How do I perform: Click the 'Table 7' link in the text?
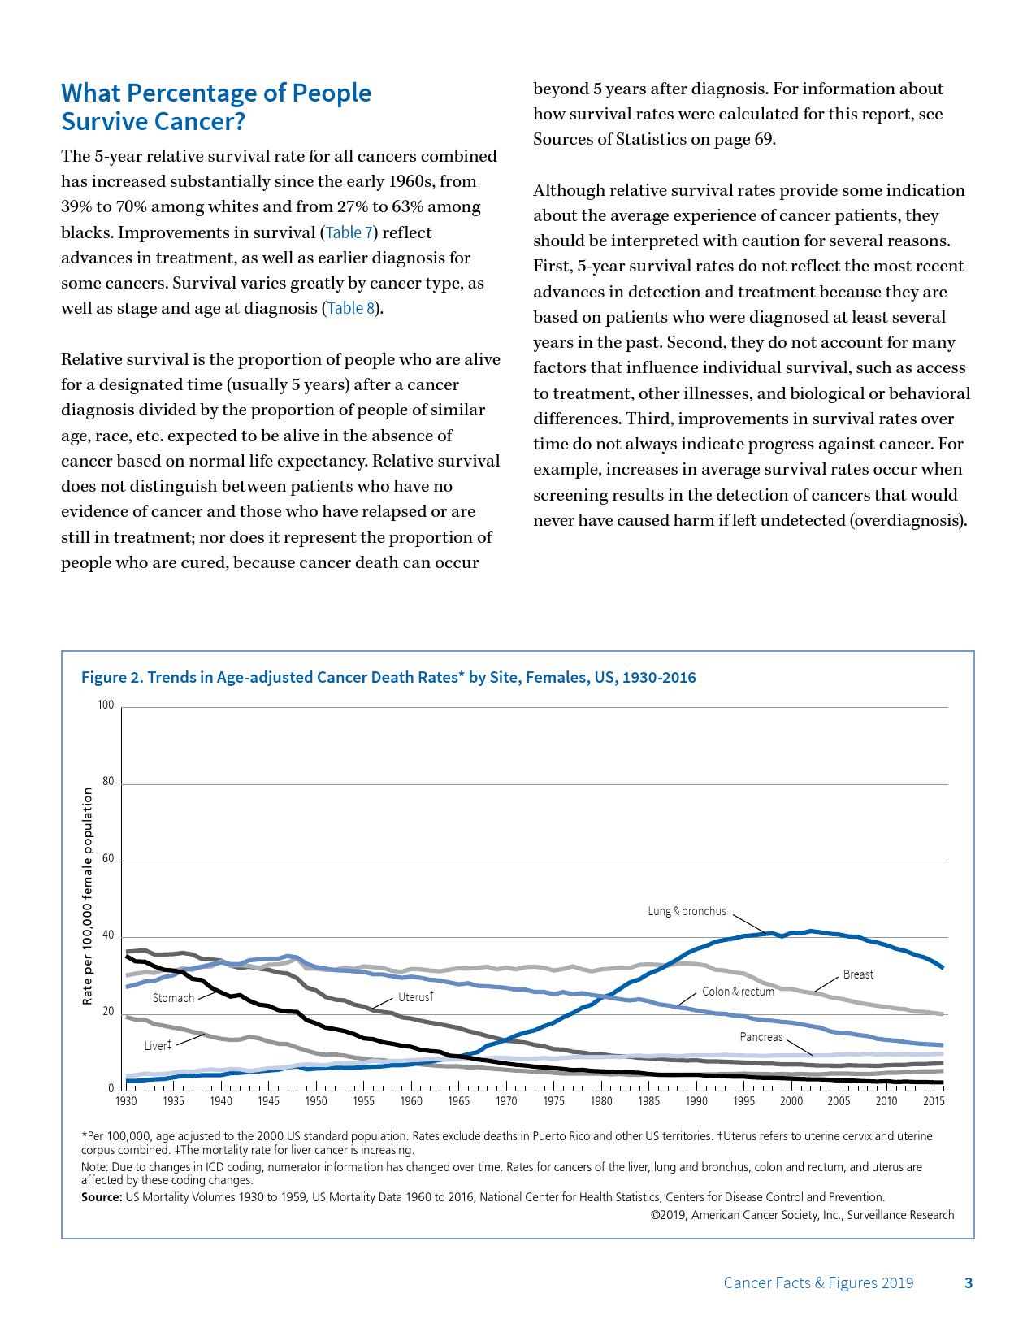click(x=349, y=232)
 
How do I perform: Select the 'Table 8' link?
click(x=351, y=309)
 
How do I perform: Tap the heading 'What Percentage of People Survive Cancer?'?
click(x=216, y=107)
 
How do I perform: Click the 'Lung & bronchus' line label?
click(x=687, y=911)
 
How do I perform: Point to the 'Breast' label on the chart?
click(x=858, y=974)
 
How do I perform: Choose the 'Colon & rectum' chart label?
click(x=738, y=992)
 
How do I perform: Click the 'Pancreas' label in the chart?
click(x=761, y=1037)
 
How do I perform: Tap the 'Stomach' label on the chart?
click(x=173, y=998)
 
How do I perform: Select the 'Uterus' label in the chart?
click(x=415, y=996)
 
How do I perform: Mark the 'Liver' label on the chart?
click(x=158, y=1045)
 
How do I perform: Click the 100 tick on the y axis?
click(x=106, y=705)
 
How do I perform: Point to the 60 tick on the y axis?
click(x=108, y=859)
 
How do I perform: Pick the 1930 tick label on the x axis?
click(x=126, y=1101)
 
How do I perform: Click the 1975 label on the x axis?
click(x=553, y=1101)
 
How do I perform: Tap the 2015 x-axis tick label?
click(x=934, y=1101)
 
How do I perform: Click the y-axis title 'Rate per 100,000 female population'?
click(x=87, y=897)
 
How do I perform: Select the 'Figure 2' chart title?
click(x=388, y=678)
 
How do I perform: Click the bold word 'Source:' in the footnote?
click(x=102, y=1197)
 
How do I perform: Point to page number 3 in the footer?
click(x=968, y=1283)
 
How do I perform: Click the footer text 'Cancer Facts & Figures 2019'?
click(x=817, y=1283)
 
